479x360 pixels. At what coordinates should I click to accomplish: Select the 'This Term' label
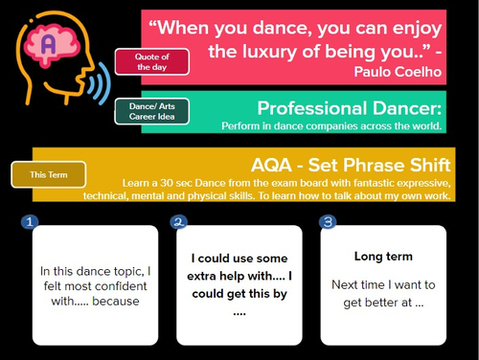pos(48,175)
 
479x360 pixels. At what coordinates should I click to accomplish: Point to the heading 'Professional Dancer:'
pos(349,106)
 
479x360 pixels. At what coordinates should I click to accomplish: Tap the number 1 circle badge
pos(29,222)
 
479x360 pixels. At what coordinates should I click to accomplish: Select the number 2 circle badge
pos(178,222)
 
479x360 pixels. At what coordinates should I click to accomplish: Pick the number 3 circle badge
pos(328,222)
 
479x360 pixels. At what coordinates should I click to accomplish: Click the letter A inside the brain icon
pos(47,43)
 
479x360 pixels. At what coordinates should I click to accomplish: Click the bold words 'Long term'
pos(383,257)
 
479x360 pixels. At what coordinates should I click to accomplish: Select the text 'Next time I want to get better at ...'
pos(383,293)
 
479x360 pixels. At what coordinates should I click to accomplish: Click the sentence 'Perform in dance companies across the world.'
pos(331,125)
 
